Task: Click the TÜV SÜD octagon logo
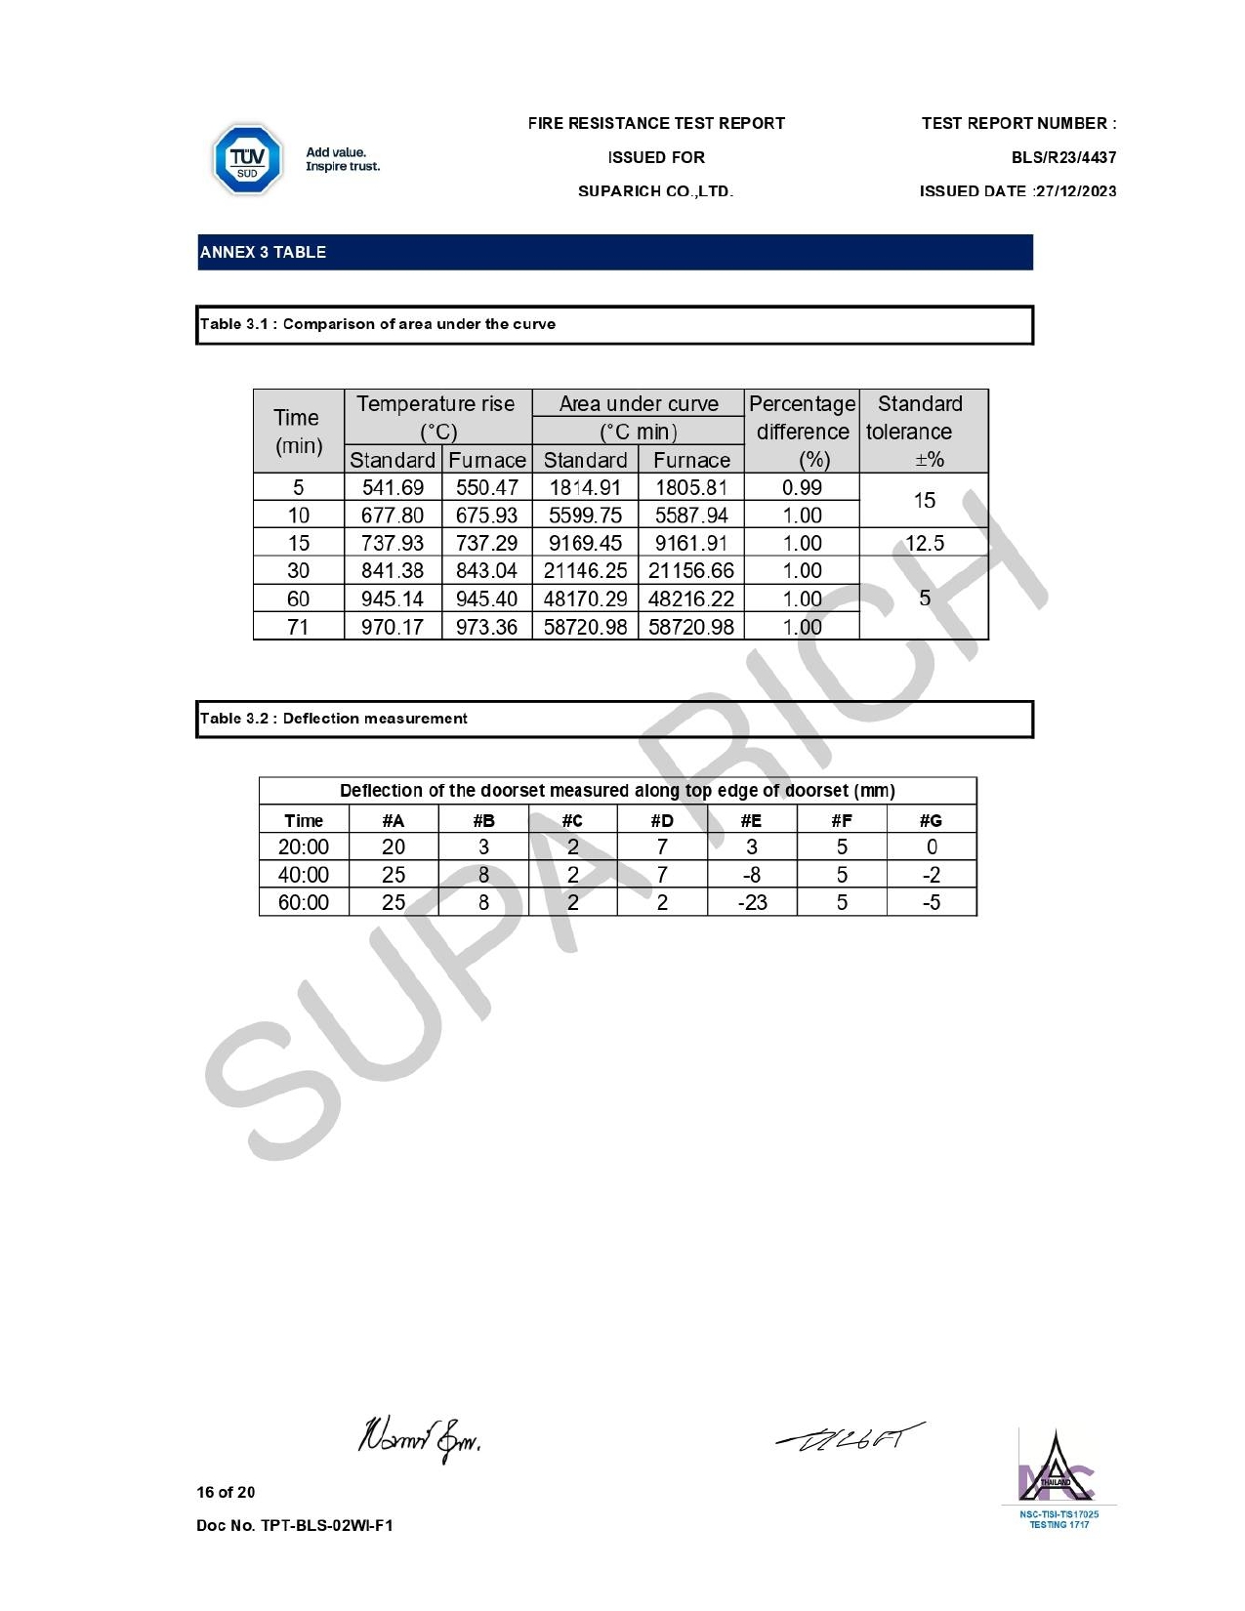tap(247, 159)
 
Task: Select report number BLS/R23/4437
tap(1063, 157)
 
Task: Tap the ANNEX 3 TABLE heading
tap(264, 252)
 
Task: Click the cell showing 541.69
tap(393, 487)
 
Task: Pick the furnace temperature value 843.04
tap(486, 571)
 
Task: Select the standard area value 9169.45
tap(585, 543)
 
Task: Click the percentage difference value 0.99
tap(802, 487)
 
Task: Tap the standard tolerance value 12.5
tap(924, 543)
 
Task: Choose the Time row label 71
tap(298, 627)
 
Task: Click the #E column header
tap(751, 820)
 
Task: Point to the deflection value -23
tap(752, 902)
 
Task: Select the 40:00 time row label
tap(304, 875)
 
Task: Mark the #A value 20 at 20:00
tap(394, 847)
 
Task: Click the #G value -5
tap(932, 902)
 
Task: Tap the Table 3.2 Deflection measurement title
tap(333, 719)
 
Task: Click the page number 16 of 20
tap(226, 1492)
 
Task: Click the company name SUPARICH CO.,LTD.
tap(655, 191)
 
